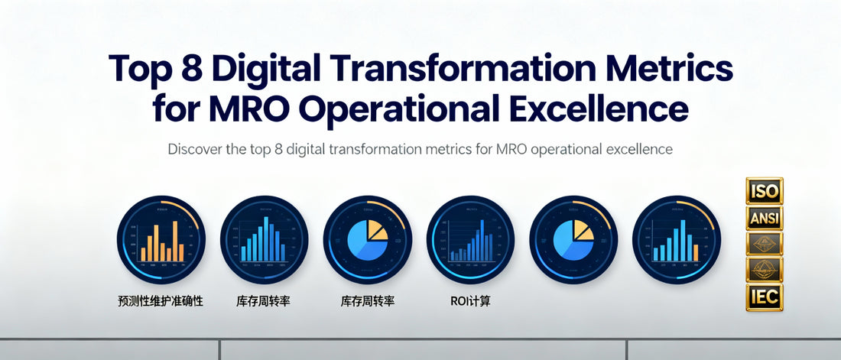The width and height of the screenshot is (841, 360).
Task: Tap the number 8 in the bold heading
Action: tap(187, 69)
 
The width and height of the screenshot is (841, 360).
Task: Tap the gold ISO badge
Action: tap(764, 190)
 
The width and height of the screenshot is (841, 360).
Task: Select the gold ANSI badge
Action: tap(764, 218)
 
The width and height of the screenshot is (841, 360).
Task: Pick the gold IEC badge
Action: tap(764, 297)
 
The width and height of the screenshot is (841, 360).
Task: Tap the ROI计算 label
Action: tap(470, 301)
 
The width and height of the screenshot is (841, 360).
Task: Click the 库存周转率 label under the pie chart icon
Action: tap(367, 301)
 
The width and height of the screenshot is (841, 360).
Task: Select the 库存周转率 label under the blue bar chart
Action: tap(264, 301)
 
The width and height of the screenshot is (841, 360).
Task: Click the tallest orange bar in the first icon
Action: tap(175, 240)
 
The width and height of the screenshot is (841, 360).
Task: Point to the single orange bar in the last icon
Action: tap(696, 251)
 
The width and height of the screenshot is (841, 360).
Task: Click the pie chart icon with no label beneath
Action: tap(573, 239)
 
